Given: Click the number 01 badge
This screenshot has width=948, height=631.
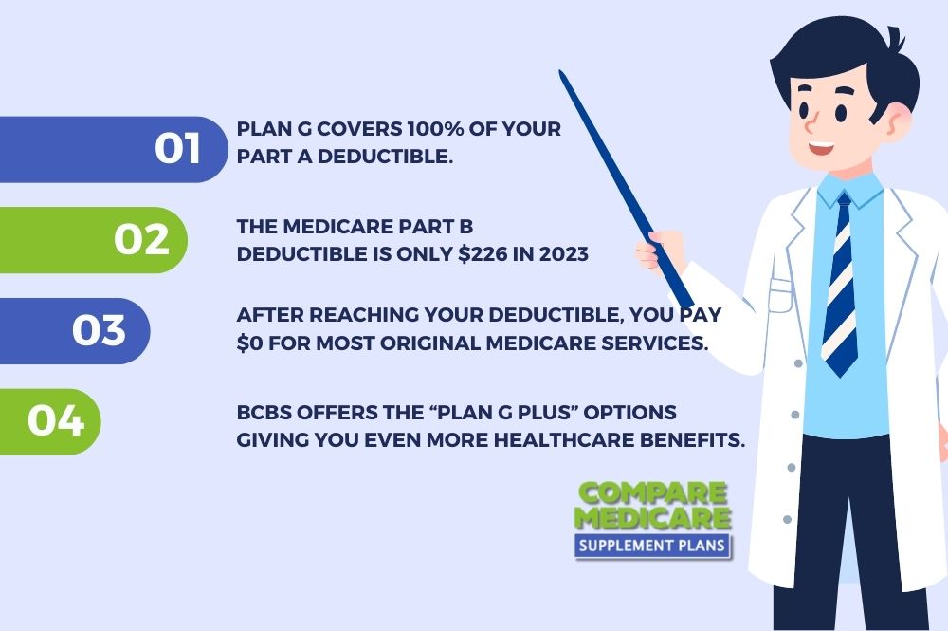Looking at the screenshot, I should [x=178, y=150].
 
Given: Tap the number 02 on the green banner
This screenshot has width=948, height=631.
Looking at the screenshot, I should [x=141, y=240].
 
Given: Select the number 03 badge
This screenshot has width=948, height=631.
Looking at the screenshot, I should [x=99, y=331].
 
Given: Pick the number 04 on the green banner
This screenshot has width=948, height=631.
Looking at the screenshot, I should [x=56, y=421].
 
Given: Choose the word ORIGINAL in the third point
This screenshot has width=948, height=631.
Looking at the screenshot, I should [x=444, y=343].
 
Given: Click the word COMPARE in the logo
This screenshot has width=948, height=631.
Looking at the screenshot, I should [x=653, y=494].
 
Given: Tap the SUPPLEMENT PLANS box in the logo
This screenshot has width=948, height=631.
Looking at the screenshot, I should [x=653, y=546].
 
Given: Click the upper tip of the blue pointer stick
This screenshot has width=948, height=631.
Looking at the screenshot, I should [x=562, y=75].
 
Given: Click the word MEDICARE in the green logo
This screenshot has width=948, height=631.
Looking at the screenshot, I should [x=653, y=518].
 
